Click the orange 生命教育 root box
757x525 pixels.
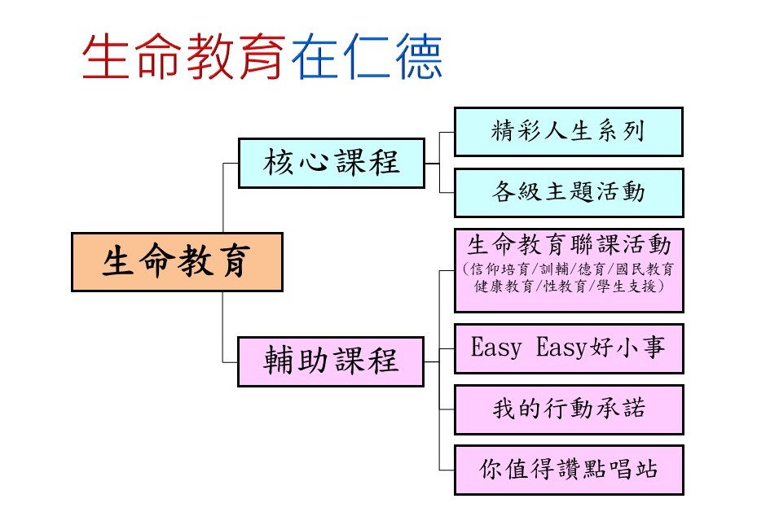[177, 262]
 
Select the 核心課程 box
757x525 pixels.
[331, 163]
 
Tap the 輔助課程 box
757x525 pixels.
[331, 361]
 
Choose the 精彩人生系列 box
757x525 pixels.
[569, 132]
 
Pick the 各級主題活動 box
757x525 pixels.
[569, 192]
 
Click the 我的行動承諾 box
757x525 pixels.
[569, 409]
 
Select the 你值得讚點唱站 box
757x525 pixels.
[569, 470]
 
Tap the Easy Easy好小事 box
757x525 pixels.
[569, 348]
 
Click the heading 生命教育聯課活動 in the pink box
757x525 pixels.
[569, 245]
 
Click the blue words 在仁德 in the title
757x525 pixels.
[367, 56]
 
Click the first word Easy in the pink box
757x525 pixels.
[496, 348]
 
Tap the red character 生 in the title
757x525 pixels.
[106, 56]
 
